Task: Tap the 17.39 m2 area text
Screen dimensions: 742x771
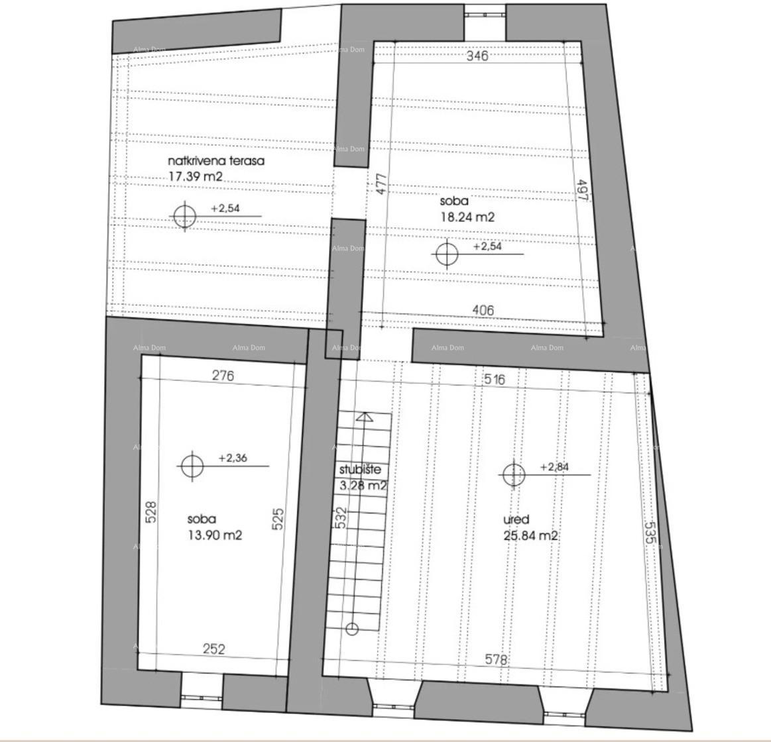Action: coord(196,177)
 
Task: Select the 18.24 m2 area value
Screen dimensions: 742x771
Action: coord(467,217)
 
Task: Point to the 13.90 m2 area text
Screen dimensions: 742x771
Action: coord(214,535)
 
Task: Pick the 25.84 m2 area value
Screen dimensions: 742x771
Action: coord(530,536)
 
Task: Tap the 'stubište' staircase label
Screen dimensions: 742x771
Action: coord(360,469)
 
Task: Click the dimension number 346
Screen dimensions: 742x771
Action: coord(477,56)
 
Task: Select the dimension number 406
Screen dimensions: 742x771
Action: coord(483,309)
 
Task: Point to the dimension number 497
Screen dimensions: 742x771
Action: coord(582,191)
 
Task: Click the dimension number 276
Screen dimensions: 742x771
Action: coord(223,376)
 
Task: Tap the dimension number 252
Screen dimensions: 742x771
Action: coord(213,649)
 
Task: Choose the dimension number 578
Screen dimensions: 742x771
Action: coord(496,660)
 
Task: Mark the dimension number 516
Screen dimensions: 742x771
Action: coord(495,380)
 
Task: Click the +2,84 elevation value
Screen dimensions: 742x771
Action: coord(554,466)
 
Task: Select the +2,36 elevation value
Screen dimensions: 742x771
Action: coord(233,458)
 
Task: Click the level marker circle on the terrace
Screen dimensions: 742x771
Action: coord(184,217)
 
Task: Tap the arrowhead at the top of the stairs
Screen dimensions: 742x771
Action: coord(364,417)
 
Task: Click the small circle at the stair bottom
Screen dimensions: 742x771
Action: coord(352,629)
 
